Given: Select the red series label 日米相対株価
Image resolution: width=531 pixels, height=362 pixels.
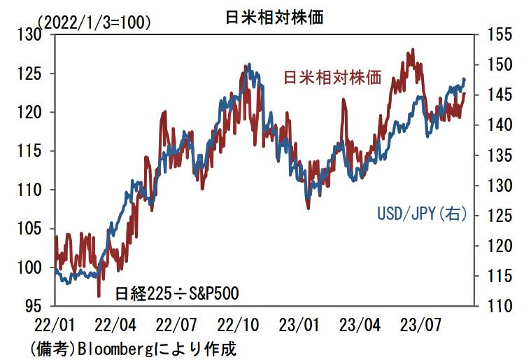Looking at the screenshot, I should (332, 78).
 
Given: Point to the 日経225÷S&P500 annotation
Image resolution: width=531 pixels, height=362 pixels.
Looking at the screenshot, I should (177, 292).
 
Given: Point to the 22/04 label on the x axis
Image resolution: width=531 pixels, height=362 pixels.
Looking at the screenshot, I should (116, 326).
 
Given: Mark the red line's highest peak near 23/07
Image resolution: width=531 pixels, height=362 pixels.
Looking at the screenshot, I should (413, 50).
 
